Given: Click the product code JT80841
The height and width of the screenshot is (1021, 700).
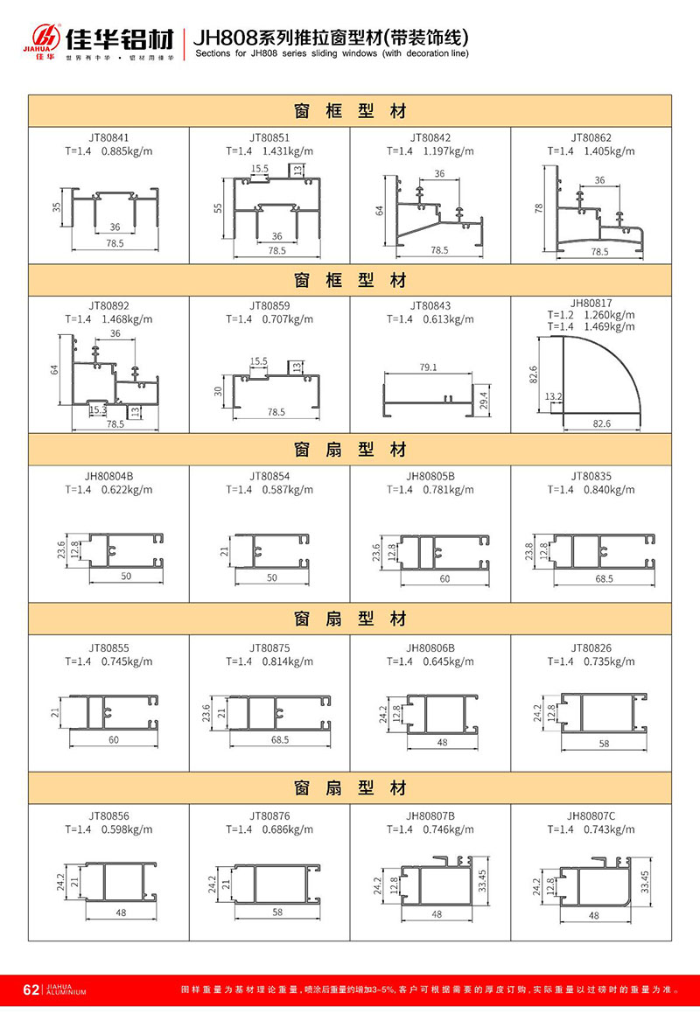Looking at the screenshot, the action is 108,138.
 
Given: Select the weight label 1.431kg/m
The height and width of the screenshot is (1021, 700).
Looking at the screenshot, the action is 288,151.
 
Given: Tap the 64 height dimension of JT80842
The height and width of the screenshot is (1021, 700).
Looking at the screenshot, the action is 380,210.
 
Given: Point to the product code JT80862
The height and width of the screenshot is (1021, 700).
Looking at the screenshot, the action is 591,138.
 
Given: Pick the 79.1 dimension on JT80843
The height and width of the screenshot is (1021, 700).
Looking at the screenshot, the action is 428,367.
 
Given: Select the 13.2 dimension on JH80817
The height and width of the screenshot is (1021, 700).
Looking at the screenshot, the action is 553,396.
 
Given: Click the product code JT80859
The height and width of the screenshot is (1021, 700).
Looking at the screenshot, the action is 269,306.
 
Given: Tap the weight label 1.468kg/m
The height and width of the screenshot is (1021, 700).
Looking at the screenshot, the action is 127,319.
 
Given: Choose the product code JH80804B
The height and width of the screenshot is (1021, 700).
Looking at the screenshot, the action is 108,477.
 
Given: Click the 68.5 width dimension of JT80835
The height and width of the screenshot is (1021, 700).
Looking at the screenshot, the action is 605,578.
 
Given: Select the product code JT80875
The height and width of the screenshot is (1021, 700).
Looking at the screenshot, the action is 269,648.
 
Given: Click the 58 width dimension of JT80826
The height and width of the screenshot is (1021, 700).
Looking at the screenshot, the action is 605,743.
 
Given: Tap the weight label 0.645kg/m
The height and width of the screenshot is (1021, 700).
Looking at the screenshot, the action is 449,662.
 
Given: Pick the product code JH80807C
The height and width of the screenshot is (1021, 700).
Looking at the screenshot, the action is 591,816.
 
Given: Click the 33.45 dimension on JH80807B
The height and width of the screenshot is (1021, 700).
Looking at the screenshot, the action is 482,882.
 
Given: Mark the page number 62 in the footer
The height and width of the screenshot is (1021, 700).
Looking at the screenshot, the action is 31,990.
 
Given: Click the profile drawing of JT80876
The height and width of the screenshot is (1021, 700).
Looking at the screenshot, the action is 276,884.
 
